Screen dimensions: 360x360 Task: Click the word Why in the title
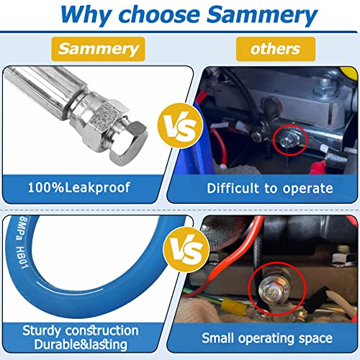[86, 15]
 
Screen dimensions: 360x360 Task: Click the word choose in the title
[159, 14]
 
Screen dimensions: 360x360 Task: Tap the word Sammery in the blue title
[262, 16]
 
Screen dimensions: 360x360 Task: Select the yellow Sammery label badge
[99, 49]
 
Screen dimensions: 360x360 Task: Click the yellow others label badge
[276, 49]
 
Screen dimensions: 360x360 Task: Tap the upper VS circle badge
[180, 126]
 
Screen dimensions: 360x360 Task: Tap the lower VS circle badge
[186, 250]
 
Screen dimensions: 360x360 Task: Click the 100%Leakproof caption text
[79, 187]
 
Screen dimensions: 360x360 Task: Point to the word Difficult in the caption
[233, 188]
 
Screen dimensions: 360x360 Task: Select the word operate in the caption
[308, 189]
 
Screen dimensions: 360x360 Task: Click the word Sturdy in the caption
[42, 330]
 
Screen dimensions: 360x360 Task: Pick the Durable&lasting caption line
[81, 344]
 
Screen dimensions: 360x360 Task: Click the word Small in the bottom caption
[217, 338]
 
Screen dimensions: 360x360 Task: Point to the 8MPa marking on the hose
[21, 228]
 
